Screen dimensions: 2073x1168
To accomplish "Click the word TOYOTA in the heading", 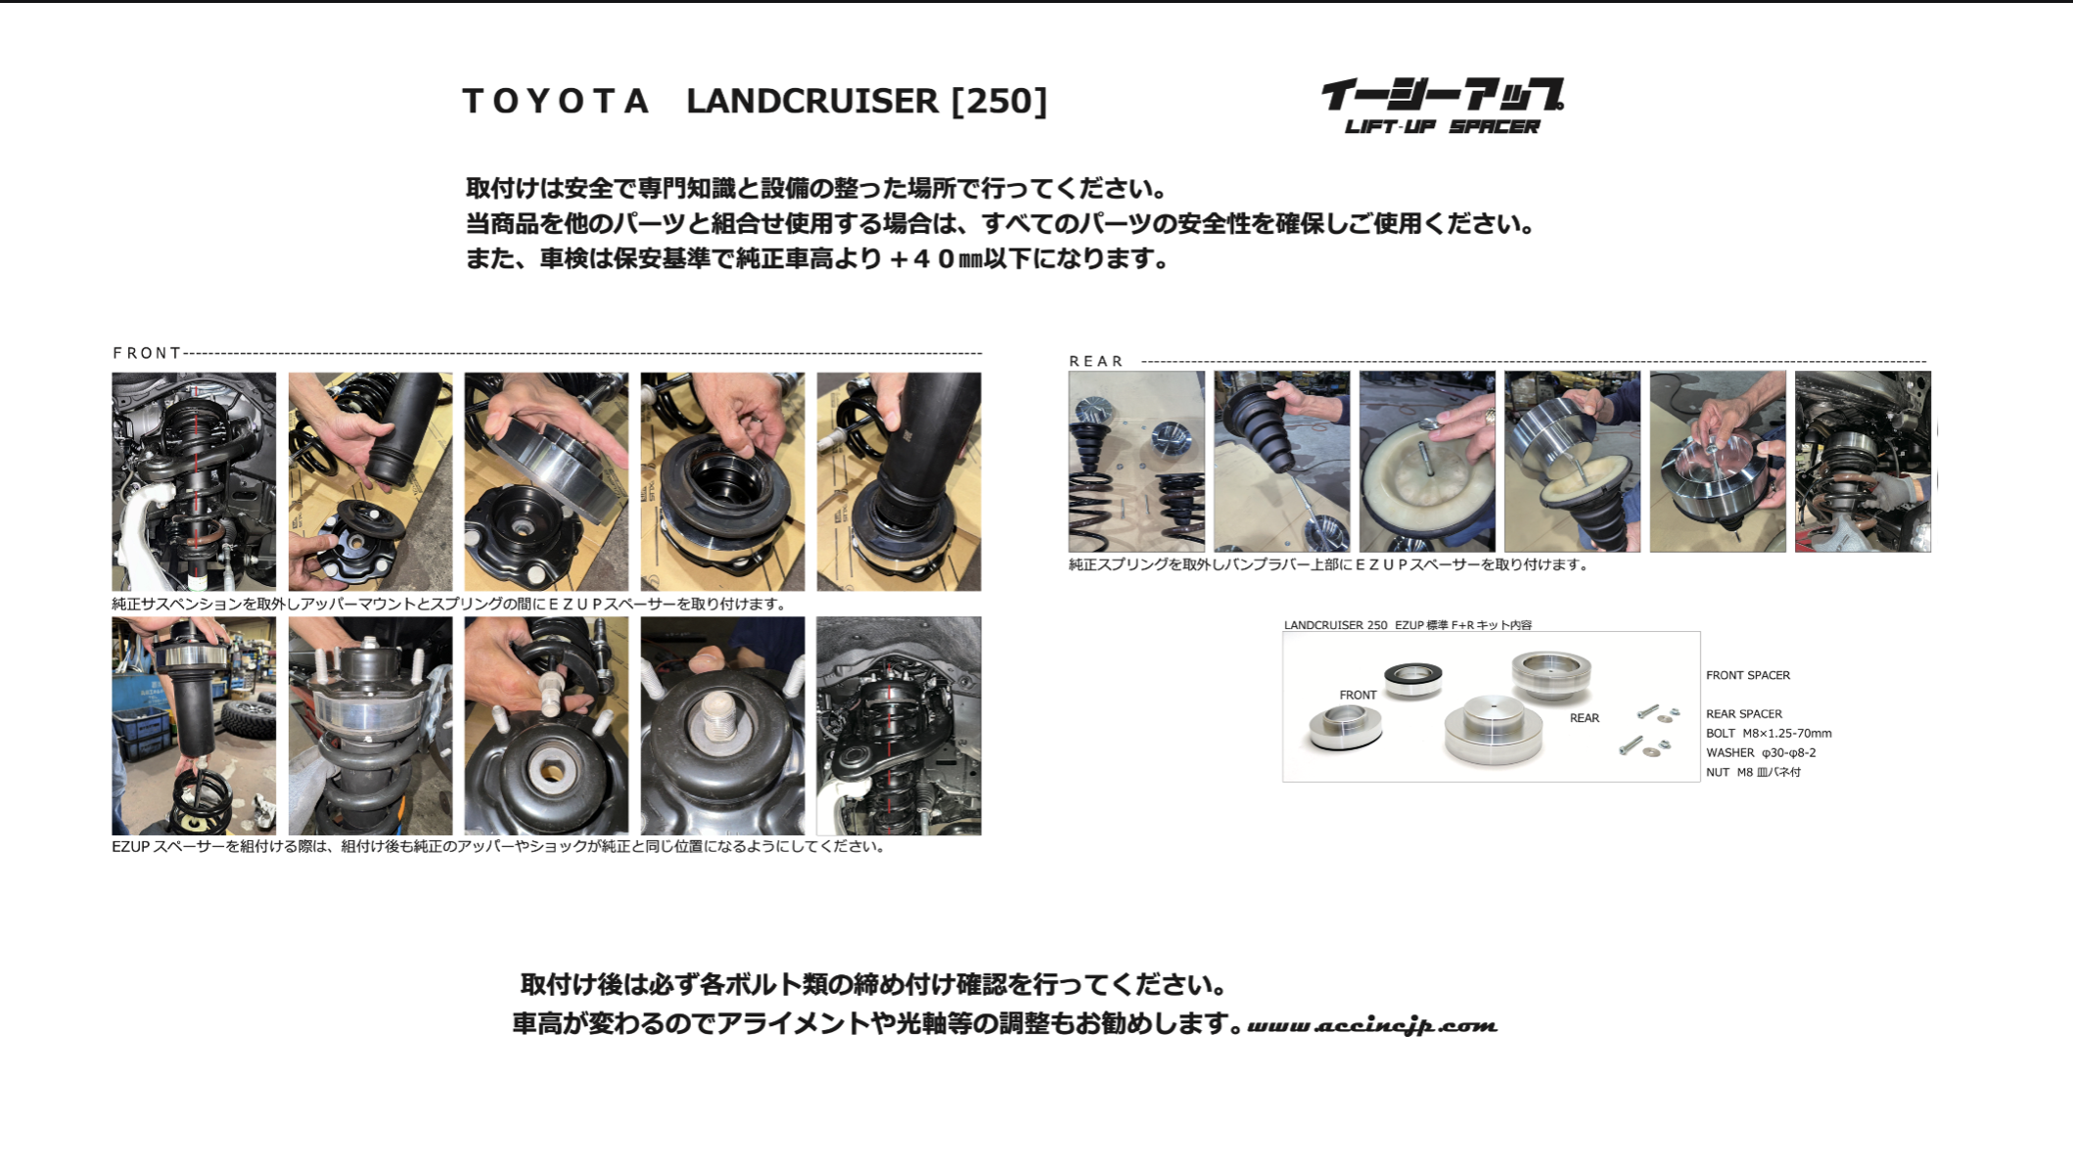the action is coord(555,101).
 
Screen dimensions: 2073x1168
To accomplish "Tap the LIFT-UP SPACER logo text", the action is coord(1442,126).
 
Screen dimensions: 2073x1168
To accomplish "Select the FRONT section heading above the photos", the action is coord(147,353).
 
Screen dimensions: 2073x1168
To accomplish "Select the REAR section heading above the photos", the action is coord(1096,361).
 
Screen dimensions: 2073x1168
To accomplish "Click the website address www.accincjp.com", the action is coord(1372,1025).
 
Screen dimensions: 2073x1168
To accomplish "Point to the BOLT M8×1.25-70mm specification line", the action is coord(1769,734).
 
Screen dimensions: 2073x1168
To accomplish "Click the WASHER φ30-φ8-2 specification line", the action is coord(1761,753).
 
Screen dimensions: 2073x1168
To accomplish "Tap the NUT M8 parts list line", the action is coord(1753,772).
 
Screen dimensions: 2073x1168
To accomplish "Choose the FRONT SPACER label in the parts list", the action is coord(1748,676).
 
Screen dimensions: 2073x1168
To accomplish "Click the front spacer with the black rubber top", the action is coord(1412,678).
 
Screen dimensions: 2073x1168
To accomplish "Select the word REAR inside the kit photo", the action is coord(1585,718).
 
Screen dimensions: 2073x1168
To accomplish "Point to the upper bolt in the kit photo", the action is coord(1649,711).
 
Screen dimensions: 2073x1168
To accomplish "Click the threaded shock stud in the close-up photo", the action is coord(722,720).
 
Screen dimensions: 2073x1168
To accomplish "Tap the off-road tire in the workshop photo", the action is coord(250,718).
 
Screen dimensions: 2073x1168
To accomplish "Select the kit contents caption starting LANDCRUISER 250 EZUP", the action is coord(1407,625).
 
